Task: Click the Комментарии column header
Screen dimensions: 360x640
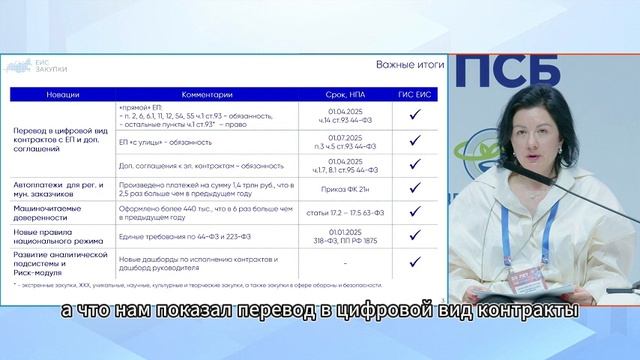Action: (208, 94)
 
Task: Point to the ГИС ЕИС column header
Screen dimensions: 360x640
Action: (414, 94)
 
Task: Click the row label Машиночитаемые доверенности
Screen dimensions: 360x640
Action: (52, 213)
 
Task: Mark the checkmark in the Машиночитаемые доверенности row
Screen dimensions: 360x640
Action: (414, 213)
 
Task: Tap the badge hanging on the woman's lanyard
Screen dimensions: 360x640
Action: (522, 277)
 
